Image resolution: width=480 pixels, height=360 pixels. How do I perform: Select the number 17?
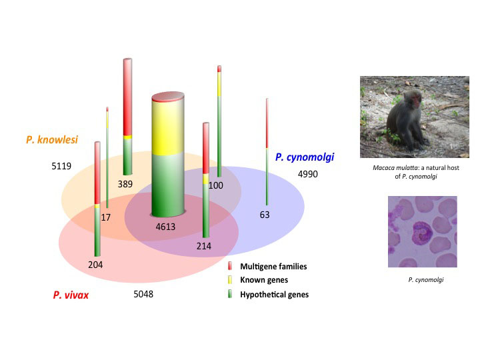click(105, 217)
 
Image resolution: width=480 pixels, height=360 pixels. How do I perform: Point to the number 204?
click(96, 265)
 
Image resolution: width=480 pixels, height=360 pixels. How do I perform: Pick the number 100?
click(215, 185)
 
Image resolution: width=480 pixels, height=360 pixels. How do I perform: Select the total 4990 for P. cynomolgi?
click(309, 174)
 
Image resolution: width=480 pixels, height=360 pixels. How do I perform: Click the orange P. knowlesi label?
click(52, 140)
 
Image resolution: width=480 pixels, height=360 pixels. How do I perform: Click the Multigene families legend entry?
click(273, 267)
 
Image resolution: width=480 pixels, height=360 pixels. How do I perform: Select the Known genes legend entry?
click(263, 280)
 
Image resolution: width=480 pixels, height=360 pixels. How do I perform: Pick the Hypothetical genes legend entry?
click(274, 294)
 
